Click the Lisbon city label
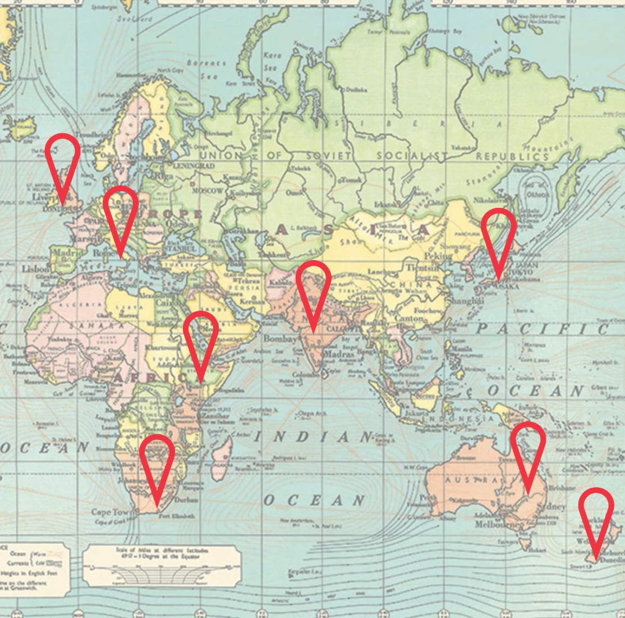35,269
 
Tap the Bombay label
279,339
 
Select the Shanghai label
466,302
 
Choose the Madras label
339,355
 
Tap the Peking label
438,256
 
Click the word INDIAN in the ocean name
312,437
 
